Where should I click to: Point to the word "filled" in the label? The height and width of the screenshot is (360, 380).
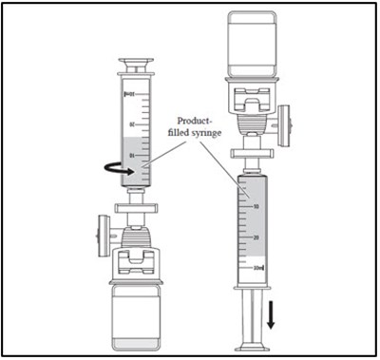179,136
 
